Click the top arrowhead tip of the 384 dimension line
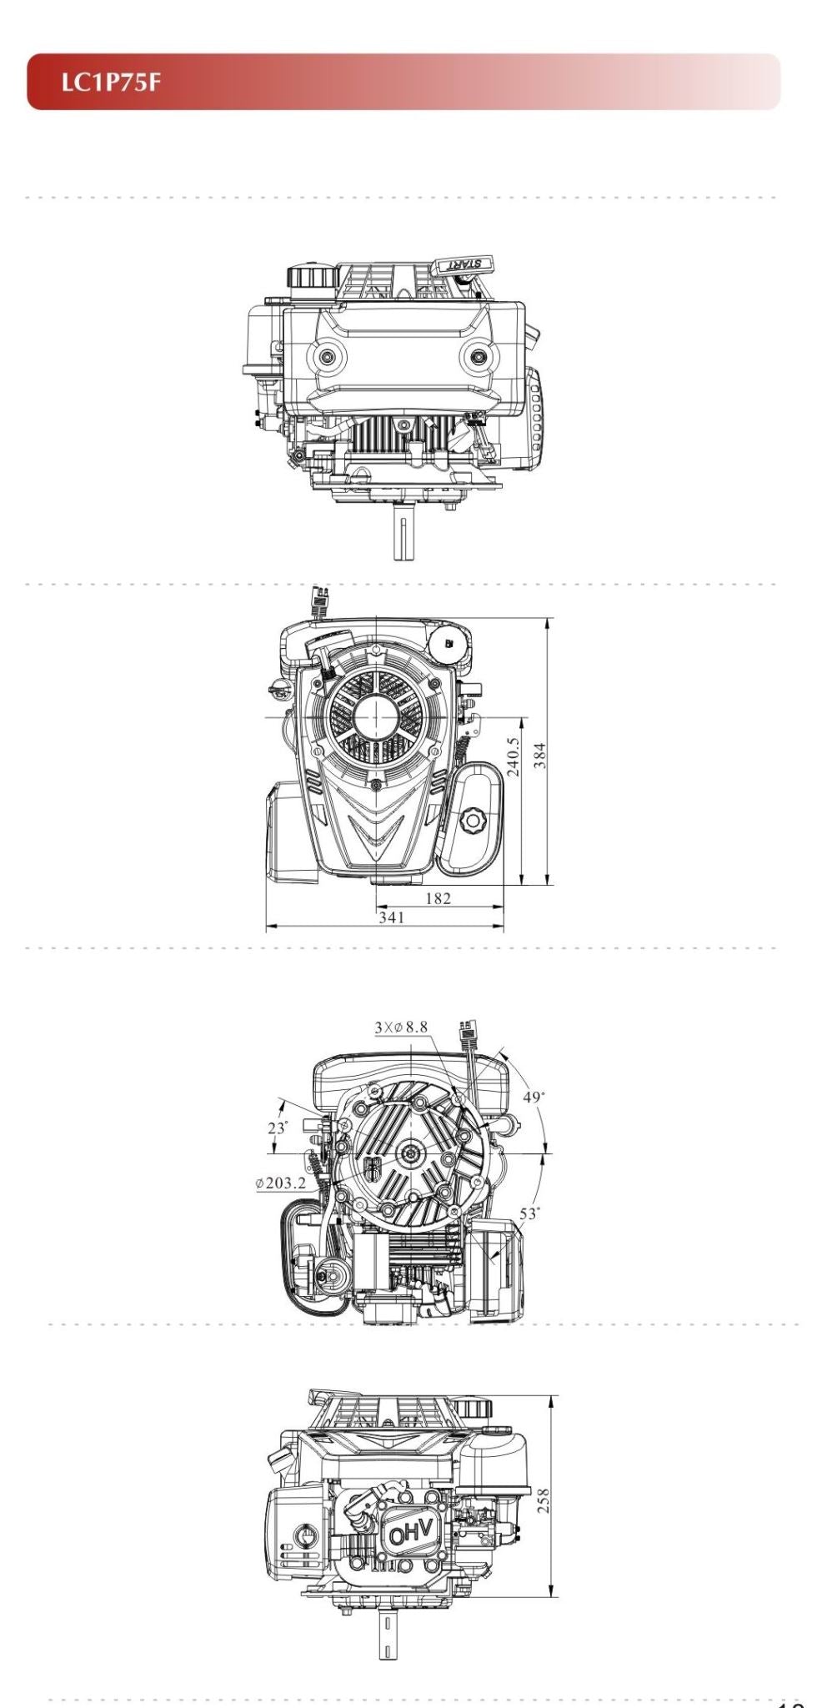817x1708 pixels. [548, 618]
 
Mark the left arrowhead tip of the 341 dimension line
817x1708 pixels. [267, 926]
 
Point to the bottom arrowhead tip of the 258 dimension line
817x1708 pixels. [553, 1596]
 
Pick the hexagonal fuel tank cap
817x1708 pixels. [473, 821]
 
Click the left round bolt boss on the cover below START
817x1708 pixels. [329, 356]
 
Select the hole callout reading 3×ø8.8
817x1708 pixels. [401, 1027]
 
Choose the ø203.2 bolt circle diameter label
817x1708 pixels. [281, 1183]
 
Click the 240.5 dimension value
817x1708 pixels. [513, 756]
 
